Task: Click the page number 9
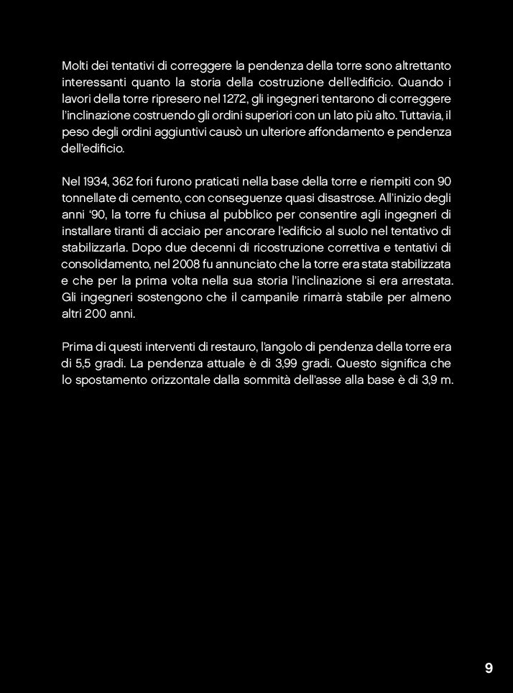coord(489,669)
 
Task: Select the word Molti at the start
coord(75,66)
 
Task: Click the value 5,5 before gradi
coord(83,363)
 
